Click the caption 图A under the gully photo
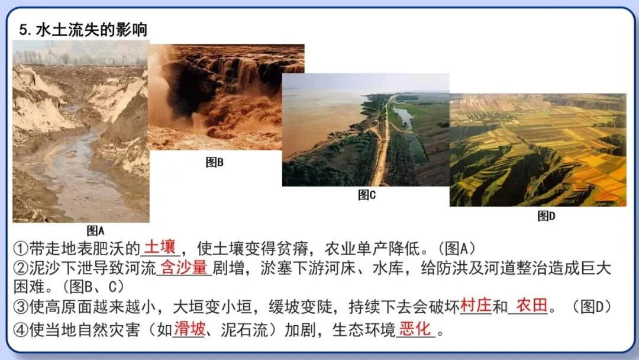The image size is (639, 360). (95, 230)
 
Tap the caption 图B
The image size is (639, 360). (214, 162)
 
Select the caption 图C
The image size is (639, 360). (367, 194)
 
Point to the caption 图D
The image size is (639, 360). (546, 216)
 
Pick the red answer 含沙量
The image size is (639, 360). (184, 268)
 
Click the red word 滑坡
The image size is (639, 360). (189, 329)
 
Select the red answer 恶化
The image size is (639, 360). (415, 329)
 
